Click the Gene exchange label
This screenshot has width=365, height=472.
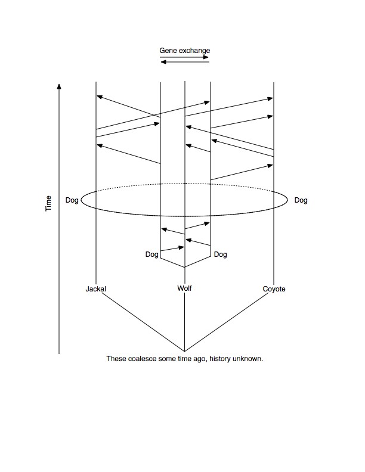[185, 51]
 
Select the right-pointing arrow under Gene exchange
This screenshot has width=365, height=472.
[184, 57]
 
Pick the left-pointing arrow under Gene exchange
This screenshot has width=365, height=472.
[185, 62]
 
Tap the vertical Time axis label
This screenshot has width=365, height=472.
[48, 203]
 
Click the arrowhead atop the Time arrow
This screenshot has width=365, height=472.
[59, 86]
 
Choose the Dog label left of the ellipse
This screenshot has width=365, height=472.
[72, 200]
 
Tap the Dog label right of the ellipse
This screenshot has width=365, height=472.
[301, 200]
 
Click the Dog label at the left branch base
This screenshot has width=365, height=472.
[151, 254]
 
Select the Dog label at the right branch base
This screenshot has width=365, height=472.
[221, 254]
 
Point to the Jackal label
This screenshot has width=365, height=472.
[96, 289]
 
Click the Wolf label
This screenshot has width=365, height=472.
[185, 288]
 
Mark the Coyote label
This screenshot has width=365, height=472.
[274, 289]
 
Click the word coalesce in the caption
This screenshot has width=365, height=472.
[142, 359]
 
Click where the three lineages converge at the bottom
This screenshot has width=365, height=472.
[185, 351]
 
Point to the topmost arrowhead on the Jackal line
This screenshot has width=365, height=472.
[100, 97]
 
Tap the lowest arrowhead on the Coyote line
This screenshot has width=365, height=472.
[270, 166]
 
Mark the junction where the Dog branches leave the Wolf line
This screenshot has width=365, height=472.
[185, 267]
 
